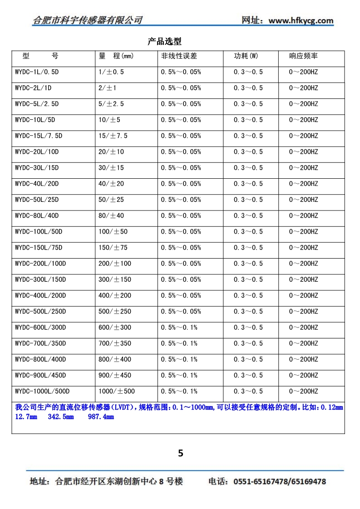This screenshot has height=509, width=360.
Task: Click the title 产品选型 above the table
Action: [164, 42]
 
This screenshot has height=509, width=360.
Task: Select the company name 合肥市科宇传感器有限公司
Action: [88, 20]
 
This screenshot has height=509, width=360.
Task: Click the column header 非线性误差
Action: [179, 56]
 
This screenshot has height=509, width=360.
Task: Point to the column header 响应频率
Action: [303, 56]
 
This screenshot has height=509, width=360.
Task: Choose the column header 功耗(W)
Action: [246, 56]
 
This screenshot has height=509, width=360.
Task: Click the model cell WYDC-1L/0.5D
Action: [38, 72]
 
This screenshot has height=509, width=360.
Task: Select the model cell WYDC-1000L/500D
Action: [42, 391]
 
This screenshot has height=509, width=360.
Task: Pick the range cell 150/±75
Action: [113, 248]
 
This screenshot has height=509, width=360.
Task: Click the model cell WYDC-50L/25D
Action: [37, 200]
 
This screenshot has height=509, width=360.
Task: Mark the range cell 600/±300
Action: [115, 328]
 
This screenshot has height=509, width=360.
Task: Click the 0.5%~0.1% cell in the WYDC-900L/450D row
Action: [179, 375]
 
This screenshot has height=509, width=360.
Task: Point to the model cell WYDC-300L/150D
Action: [40, 279]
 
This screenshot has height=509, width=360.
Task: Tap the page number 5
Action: [181, 453]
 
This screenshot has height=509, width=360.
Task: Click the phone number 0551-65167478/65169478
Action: [279, 482]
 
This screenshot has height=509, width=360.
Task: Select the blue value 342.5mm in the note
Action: [61, 417]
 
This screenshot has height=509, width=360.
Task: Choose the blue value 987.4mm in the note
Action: [100, 417]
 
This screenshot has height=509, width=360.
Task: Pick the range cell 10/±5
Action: [109, 120]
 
